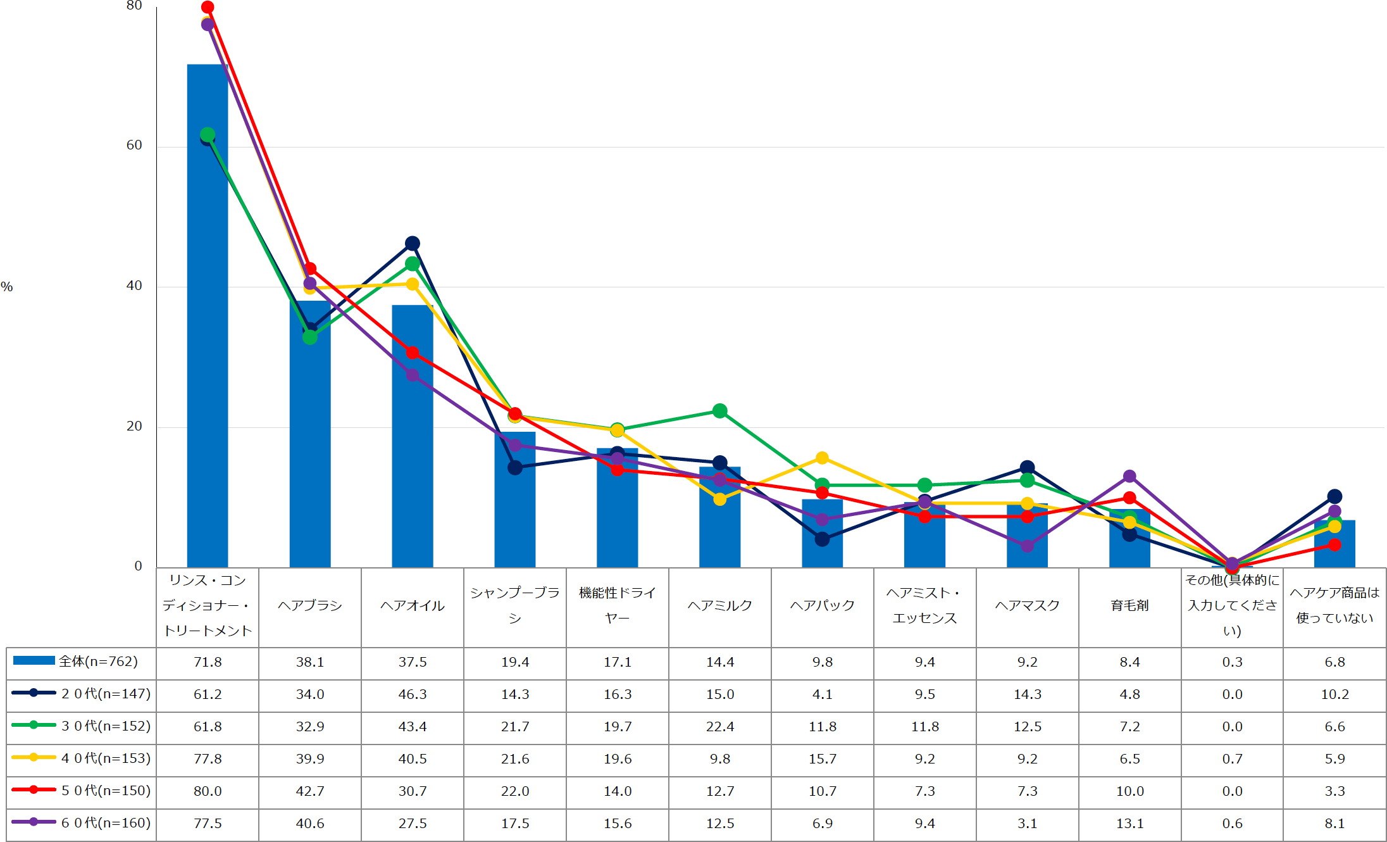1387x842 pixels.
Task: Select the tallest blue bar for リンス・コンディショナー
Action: coord(208,317)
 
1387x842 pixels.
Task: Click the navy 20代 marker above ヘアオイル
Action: coord(413,243)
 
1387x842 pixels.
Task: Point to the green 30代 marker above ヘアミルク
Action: coord(719,411)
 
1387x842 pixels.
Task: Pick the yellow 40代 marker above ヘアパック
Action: coord(822,458)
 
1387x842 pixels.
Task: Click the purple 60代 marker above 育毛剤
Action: coord(1129,476)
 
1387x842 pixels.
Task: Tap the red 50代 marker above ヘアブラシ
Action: coord(310,269)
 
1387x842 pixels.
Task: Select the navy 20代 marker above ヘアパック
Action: coord(822,539)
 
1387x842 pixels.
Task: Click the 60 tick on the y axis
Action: coord(134,145)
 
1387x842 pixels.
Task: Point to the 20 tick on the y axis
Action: coord(134,426)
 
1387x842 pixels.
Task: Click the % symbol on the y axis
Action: coord(7,287)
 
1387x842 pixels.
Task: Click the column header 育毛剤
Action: coord(1129,606)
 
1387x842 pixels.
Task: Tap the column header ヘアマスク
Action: coord(1027,606)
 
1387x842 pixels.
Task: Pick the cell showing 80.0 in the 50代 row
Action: coord(208,791)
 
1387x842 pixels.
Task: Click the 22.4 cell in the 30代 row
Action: coord(720,727)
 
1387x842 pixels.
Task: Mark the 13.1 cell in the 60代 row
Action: coord(1130,824)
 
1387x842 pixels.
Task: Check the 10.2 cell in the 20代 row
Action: coord(1335,694)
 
